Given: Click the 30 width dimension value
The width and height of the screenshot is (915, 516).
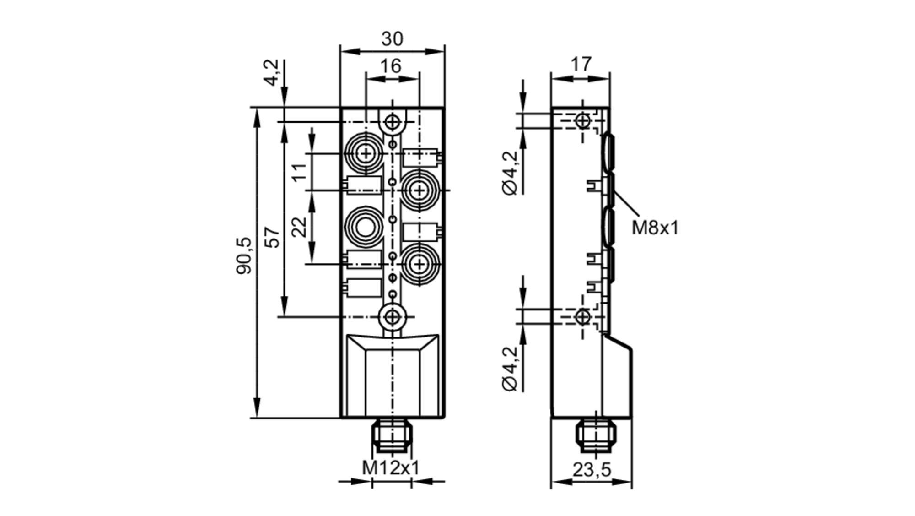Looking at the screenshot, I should (x=392, y=39).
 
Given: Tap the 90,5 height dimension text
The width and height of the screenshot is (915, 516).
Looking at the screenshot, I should (x=244, y=255).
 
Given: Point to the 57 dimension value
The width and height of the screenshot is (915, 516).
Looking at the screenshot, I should (x=273, y=237).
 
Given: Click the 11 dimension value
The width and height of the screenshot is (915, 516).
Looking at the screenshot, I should (x=300, y=172).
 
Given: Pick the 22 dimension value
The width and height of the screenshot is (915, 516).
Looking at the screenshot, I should (x=300, y=227).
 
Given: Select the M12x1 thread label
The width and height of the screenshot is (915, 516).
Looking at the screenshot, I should (x=391, y=468).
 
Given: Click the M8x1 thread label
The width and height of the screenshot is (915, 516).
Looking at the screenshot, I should (x=655, y=228).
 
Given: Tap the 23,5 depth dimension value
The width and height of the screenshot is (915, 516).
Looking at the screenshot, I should (x=592, y=470).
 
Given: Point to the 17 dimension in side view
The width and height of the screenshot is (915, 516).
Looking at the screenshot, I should (x=581, y=64).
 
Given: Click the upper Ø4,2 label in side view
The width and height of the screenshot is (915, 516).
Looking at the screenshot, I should (x=511, y=173).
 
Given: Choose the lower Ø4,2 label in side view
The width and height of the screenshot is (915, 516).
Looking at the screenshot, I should (x=511, y=369).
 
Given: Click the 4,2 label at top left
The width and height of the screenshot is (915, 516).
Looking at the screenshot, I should (x=272, y=72).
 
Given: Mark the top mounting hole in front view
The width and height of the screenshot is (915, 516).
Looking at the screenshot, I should (x=392, y=122).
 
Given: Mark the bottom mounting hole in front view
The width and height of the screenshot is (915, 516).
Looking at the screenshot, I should (x=392, y=316).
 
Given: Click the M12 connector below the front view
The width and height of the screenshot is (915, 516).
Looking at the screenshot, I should (x=392, y=436).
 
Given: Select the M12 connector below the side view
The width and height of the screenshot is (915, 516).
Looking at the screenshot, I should (x=596, y=436).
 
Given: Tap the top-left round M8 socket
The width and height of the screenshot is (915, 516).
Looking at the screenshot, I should (x=366, y=153).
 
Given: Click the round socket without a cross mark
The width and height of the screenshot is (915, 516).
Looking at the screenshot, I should (x=365, y=228).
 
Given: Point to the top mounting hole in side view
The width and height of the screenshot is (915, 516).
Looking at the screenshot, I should (x=582, y=121).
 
